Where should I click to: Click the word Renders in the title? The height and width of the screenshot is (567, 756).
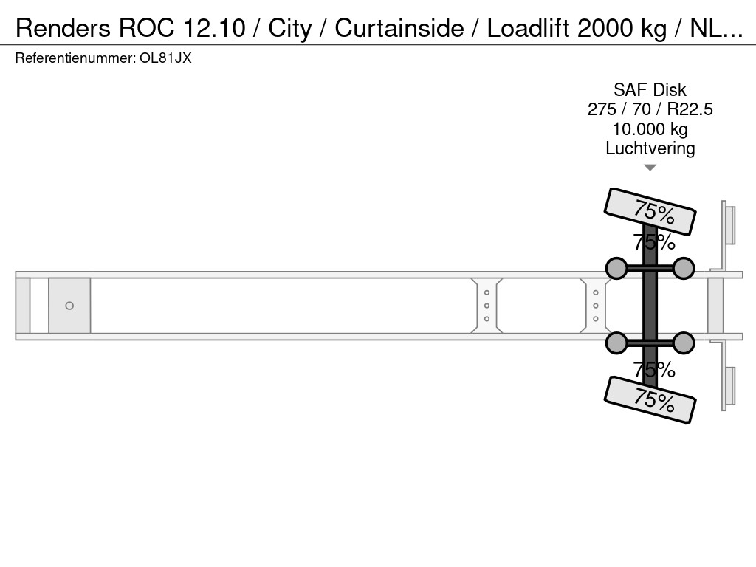pos(63,28)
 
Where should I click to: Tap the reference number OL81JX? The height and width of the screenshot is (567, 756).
pos(165,58)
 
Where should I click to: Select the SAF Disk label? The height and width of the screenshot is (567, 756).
pos(650,89)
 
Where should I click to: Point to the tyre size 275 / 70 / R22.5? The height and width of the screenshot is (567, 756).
pos(650,109)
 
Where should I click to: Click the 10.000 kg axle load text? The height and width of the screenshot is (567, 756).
pos(650,129)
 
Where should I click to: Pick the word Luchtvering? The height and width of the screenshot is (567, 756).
pos(650,148)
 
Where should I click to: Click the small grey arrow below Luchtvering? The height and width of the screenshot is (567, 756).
pos(650,168)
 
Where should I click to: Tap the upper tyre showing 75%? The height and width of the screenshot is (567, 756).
pos(650,211)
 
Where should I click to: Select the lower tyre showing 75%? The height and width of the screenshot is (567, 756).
pos(650,399)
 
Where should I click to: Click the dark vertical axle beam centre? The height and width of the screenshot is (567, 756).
pos(650,306)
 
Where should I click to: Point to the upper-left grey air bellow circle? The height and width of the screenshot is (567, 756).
pos(616,269)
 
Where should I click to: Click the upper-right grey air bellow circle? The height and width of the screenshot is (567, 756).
pos(684,269)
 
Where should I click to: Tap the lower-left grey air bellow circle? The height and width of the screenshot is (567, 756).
pos(616,343)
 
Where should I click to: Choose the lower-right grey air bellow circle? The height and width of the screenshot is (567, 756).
pos(684,343)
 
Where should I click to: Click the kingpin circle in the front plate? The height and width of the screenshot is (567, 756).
pos(69,306)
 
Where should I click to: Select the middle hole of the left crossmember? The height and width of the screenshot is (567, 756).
pos(487,306)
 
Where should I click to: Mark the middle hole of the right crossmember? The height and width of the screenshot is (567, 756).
pos(596,306)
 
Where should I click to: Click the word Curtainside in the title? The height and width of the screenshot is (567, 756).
pos(399,28)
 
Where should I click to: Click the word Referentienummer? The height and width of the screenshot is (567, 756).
pos(75,58)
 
